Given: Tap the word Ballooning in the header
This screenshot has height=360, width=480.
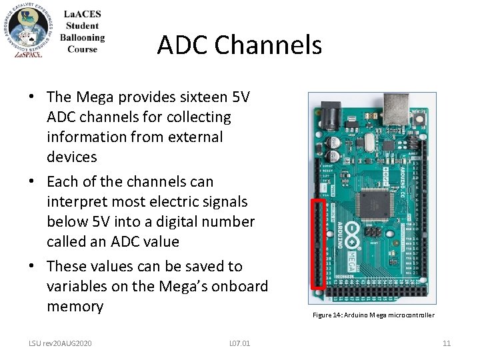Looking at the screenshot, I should pos(82,38).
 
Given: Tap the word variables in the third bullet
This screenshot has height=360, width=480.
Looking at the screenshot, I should pos(79,287).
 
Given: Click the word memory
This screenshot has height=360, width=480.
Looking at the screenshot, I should pos(75,307).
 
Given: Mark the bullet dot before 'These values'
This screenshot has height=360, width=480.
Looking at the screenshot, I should pos(32,267).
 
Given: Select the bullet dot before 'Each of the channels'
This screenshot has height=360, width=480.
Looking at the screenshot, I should pos(32,182).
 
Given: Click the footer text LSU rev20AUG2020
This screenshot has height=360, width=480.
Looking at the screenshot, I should pos(60,343).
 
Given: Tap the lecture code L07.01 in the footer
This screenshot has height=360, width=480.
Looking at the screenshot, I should pos(239,343).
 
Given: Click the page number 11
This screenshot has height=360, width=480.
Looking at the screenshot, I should pos(447,343).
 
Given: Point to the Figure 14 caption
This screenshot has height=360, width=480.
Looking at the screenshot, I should pos(373,315).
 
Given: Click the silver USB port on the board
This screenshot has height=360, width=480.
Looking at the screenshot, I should pos(397,111).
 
